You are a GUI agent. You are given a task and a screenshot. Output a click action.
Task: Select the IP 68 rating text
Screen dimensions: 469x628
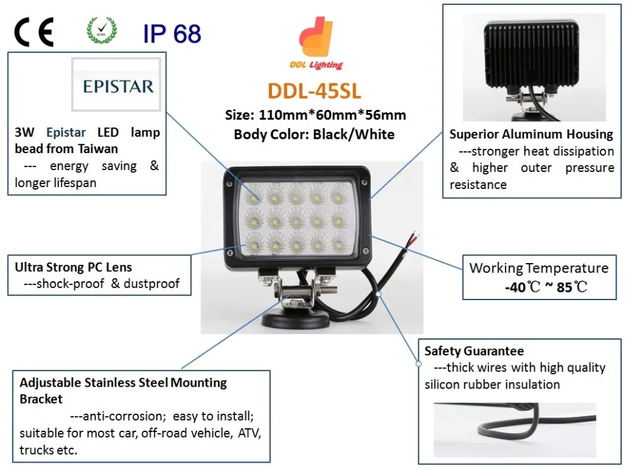pyautogui.click(x=171, y=33)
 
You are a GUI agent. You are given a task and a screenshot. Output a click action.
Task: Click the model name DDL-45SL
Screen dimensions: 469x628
pyautogui.click(x=315, y=91)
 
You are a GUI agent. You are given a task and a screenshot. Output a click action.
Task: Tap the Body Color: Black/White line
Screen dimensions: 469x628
pyautogui.click(x=314, y=134)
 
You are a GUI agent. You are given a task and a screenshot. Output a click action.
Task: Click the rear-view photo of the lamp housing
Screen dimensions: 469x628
pyautogui.click(x=534, y=67)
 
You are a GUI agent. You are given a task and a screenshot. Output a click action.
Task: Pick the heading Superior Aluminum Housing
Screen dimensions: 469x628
pyautogui.click(x=531, y=134)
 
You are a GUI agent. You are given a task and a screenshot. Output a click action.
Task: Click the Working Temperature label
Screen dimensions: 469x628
pyautogui.click(x=539, y=268)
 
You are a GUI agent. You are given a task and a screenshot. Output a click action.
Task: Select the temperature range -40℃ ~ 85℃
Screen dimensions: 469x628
pyautogui.click(x=546, y=288)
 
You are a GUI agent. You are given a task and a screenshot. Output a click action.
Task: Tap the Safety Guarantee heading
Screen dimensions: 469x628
pyautogui.click(x=474, y=351)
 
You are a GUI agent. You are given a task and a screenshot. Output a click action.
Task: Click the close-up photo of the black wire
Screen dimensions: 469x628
pyautogui.click(x=514, y=430)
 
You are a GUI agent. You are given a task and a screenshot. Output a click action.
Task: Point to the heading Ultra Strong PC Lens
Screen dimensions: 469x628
pyautogui.click(x=73, y=267)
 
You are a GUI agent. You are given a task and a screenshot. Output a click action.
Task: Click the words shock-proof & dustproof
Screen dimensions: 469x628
pyautogui.click(x=102, y=284)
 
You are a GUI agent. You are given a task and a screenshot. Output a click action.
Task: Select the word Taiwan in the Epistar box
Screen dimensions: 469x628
pyautogui.click(x=98, y=149)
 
